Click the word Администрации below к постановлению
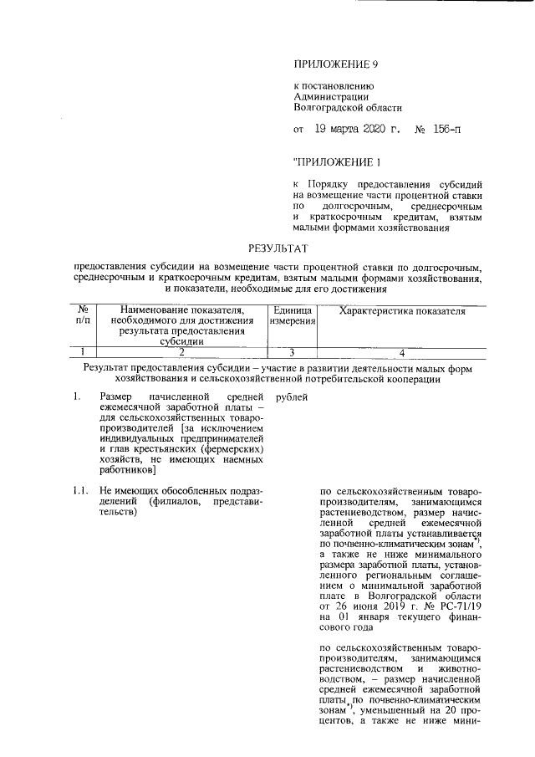[329, 96]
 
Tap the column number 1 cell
[83, 352]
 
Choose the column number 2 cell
[181, 352]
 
